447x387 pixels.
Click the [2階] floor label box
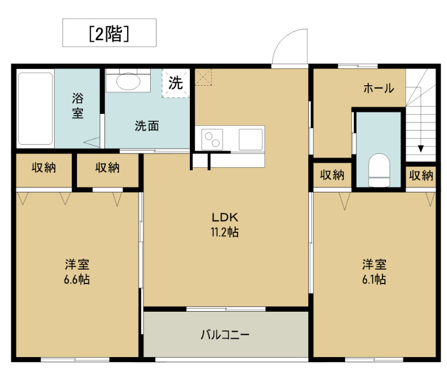point(109,33)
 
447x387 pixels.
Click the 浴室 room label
point(78,105)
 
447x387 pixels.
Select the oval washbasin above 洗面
point(128,81)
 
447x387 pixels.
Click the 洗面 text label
point(147,126)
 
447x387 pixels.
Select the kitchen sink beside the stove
point(251,139)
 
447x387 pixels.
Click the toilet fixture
point(379,170)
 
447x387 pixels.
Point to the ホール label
point(378,89)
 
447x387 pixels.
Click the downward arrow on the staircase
point(421,147)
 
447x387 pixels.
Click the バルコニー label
point(225,335)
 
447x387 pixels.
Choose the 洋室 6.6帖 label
point(77,272)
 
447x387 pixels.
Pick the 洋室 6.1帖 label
point(374,272)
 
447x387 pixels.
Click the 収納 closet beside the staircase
point(421,175)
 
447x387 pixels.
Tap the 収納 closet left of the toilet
point(332,175)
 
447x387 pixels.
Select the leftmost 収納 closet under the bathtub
point(44,168)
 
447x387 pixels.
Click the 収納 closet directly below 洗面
point(108,168)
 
